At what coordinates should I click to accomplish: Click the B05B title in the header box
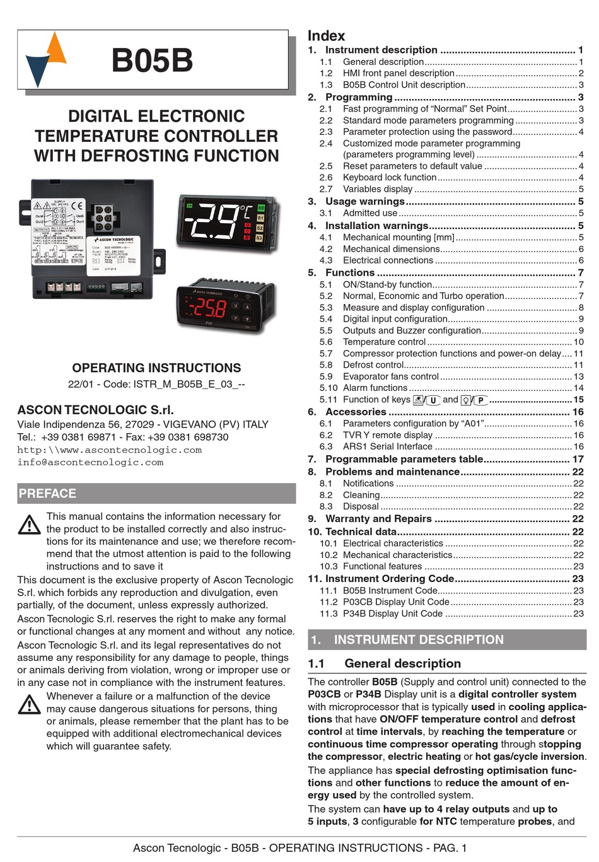click(x=152, y=61)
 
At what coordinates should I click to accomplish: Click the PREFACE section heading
click(x=47, y=493)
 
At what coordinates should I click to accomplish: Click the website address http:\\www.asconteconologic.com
click(x=109, y=450)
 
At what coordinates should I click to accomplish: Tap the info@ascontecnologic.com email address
click(x=90, y=462)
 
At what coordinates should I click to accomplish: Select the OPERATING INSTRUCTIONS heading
click(x=156, y=368)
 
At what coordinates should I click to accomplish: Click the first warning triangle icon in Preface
click(x=29, y=524)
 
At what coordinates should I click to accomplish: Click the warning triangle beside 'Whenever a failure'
click(x=29, y=704)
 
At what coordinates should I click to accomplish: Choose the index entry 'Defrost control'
click(x=373, y=365)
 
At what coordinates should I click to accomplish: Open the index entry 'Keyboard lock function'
click(x=389, y=178)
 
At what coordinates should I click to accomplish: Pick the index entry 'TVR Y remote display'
click(x=387, y=435)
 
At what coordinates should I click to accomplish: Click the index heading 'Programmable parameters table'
click(x=404, y=459)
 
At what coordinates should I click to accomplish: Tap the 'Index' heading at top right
click(x=326, y=36)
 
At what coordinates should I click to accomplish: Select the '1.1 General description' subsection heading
click(x=402, y=663)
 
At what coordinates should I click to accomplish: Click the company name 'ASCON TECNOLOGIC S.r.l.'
click(x=95, y=410)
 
